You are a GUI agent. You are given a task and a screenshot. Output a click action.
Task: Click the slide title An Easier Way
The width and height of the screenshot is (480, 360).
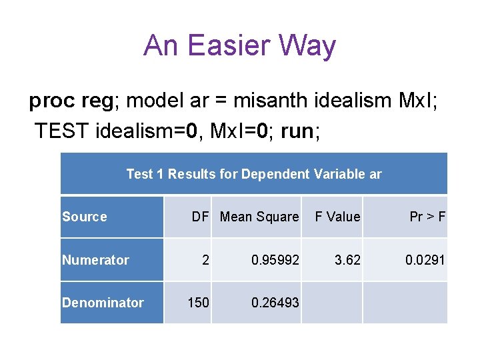(x=239, y=46)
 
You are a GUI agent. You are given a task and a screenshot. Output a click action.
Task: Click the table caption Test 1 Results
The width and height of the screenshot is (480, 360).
(x=254, y=174)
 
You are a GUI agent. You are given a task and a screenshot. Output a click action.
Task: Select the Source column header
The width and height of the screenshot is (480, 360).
(x=85, y=217)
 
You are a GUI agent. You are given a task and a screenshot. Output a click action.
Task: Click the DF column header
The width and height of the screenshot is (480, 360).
(x=200, y=217)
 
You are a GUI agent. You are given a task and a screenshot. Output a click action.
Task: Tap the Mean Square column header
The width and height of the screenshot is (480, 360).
(x=259, y=217)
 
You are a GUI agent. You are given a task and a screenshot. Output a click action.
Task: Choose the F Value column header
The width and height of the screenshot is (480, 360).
(x=337, y=217)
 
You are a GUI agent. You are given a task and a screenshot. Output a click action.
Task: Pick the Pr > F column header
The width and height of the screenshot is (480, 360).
(x=427, y=217)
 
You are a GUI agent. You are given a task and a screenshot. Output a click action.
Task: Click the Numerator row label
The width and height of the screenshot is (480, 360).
(x=95, y=260)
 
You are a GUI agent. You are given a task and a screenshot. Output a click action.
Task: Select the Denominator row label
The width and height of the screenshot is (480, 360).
(x=103, y=303)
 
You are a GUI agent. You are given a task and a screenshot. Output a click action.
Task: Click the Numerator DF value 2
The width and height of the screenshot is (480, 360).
(x=205, y=260)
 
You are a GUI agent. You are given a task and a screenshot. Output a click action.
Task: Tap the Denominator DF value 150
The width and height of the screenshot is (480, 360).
(x=198, y=303)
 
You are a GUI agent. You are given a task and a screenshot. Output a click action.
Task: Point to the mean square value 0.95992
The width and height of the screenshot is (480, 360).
(x=275, y=260)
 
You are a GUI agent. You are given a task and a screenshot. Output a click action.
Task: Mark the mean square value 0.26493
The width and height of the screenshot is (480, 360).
(x=275, y=303)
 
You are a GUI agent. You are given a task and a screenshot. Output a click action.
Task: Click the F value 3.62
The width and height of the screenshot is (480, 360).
(x=347, y=260)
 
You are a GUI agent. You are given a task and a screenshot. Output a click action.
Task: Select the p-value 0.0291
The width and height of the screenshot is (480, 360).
(x=425, y=260)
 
